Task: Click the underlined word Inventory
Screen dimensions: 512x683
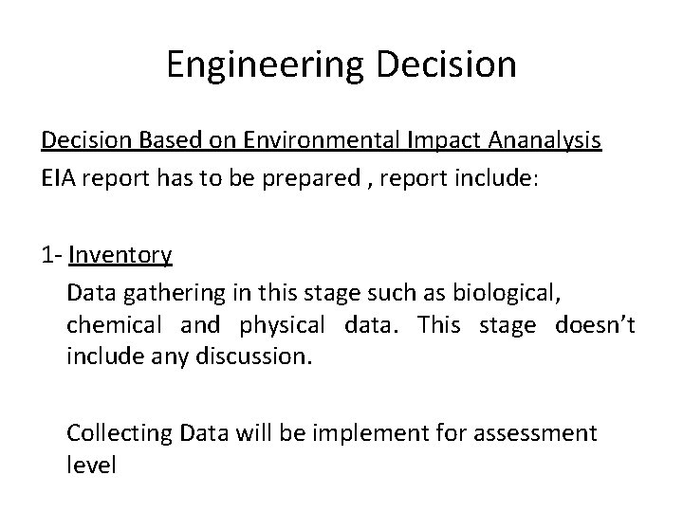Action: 120,254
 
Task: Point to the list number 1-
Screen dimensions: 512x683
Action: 51,254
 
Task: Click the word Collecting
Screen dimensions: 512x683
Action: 118,433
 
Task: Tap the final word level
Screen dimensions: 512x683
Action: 91,466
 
